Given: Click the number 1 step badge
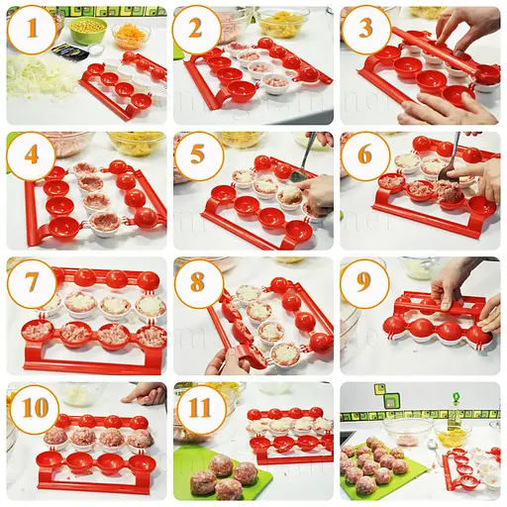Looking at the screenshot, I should [31, 30].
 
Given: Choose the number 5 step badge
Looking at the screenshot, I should [198, 156].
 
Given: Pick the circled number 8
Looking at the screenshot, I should [198, 283].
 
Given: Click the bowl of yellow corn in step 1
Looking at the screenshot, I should [89, 27].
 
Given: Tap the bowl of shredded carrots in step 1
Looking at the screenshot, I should [131, 36].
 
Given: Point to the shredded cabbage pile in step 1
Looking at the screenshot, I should [38, 75].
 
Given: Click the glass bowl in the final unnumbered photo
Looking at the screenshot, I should [409, 432].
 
